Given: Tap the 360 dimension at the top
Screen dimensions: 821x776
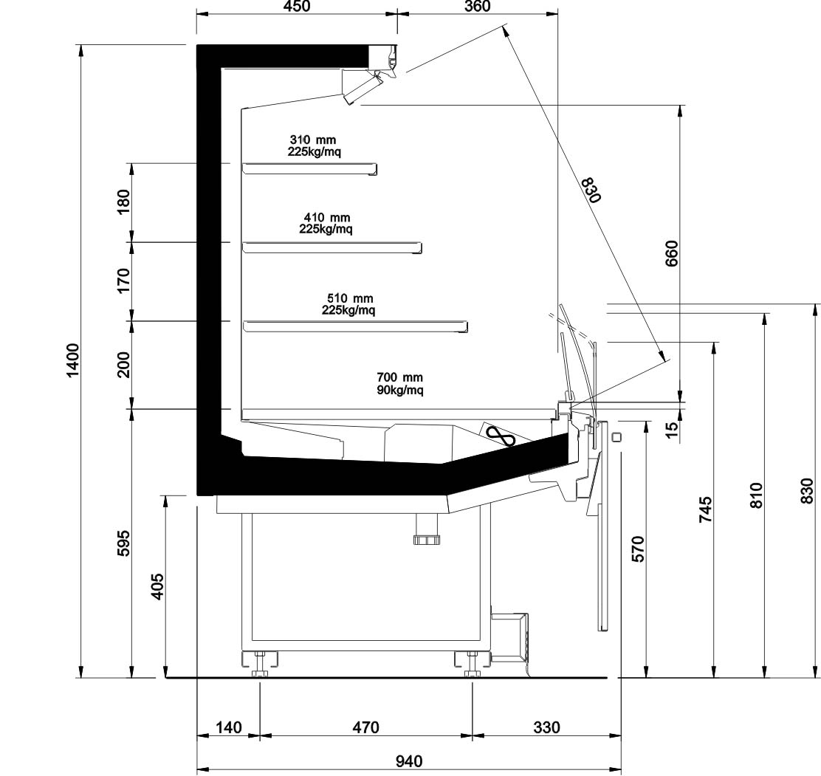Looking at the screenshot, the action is [x=478, y=7].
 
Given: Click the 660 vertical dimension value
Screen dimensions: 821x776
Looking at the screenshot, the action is [x=671, y=253].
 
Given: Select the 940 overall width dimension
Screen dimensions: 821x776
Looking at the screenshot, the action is [x=408, y=760].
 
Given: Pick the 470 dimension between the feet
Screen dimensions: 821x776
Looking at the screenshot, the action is [x=365, y=727].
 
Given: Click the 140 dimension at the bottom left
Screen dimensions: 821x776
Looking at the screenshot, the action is [x=229, y=727].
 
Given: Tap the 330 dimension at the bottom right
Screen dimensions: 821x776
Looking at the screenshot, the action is [x=546, y=727].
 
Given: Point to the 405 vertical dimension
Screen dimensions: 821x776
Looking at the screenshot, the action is [x=157, y=587].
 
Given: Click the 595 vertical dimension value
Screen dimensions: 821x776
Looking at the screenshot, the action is [x=123, y=543].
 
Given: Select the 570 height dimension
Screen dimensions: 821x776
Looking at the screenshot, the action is [x=639, y=549].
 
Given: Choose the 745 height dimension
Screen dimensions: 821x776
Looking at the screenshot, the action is [x=706, y=509].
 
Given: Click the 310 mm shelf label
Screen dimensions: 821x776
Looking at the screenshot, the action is [x=313, y=140].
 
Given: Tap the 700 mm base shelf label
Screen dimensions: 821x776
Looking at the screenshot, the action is [x=399, y=377].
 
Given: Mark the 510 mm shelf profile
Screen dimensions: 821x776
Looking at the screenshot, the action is [x=356, y=327].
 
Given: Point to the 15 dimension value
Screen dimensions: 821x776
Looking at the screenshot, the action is [x=672, y=426].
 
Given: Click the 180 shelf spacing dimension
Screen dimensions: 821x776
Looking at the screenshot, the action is [x=123, y=202].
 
